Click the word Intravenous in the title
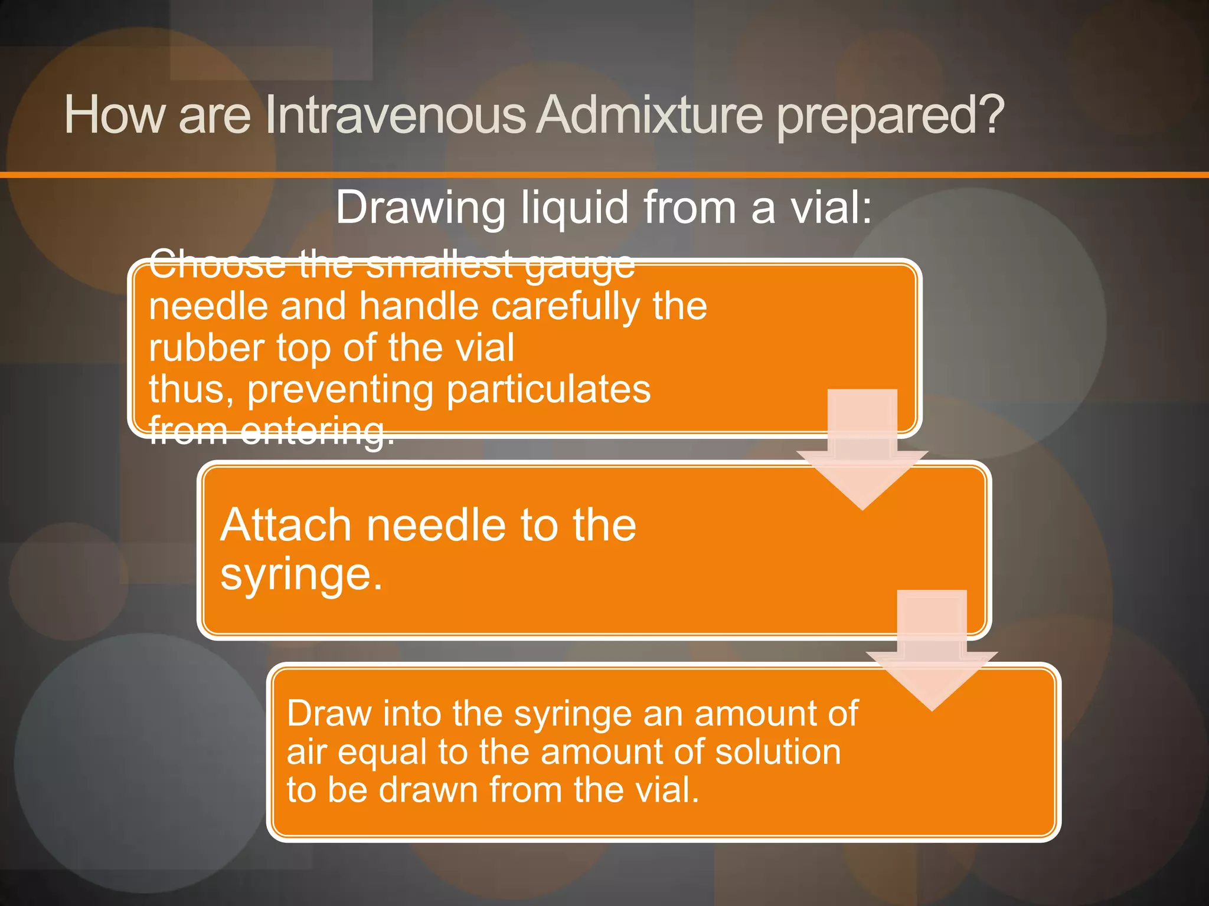(394, 114)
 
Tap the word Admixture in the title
(650, 114)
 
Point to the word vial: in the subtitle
(831, 208)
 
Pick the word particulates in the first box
(548, 390)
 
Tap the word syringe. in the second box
(302, 574)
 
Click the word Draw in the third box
(328, 713)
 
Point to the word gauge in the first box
(579, 265)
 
